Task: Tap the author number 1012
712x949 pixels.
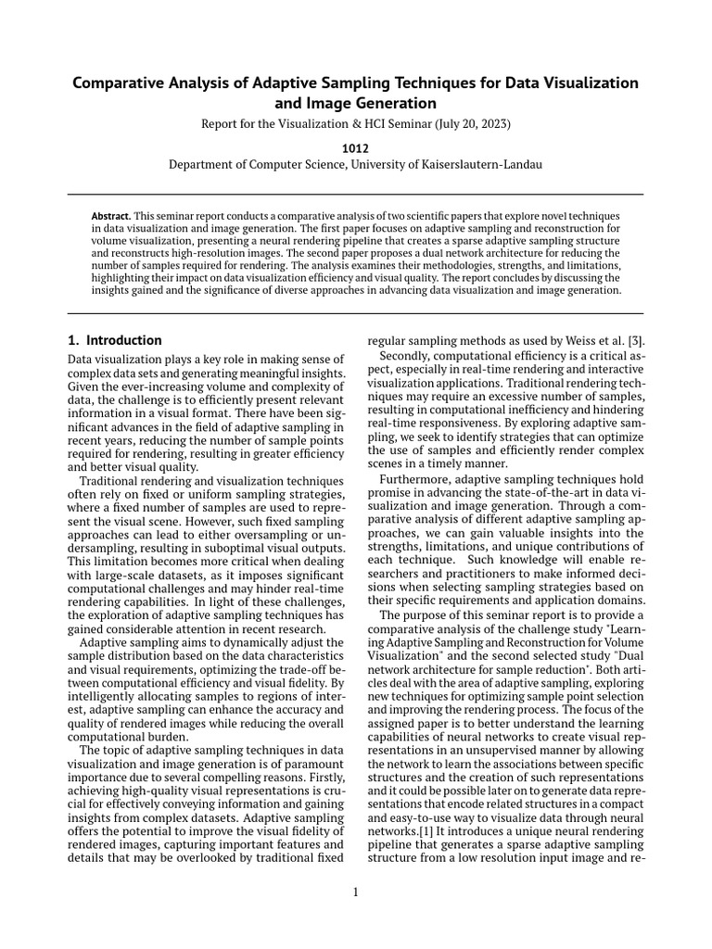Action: click(x=356, y=146)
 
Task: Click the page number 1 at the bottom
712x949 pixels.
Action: click(x=356, y=892)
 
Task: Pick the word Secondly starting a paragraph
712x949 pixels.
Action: click(x=409, y=355)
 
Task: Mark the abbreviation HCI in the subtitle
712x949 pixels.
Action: click(x=361, y=123)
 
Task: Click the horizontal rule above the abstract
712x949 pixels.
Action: click(x=356, y=194)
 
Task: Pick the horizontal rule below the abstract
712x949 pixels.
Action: click(x=356, y=313)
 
